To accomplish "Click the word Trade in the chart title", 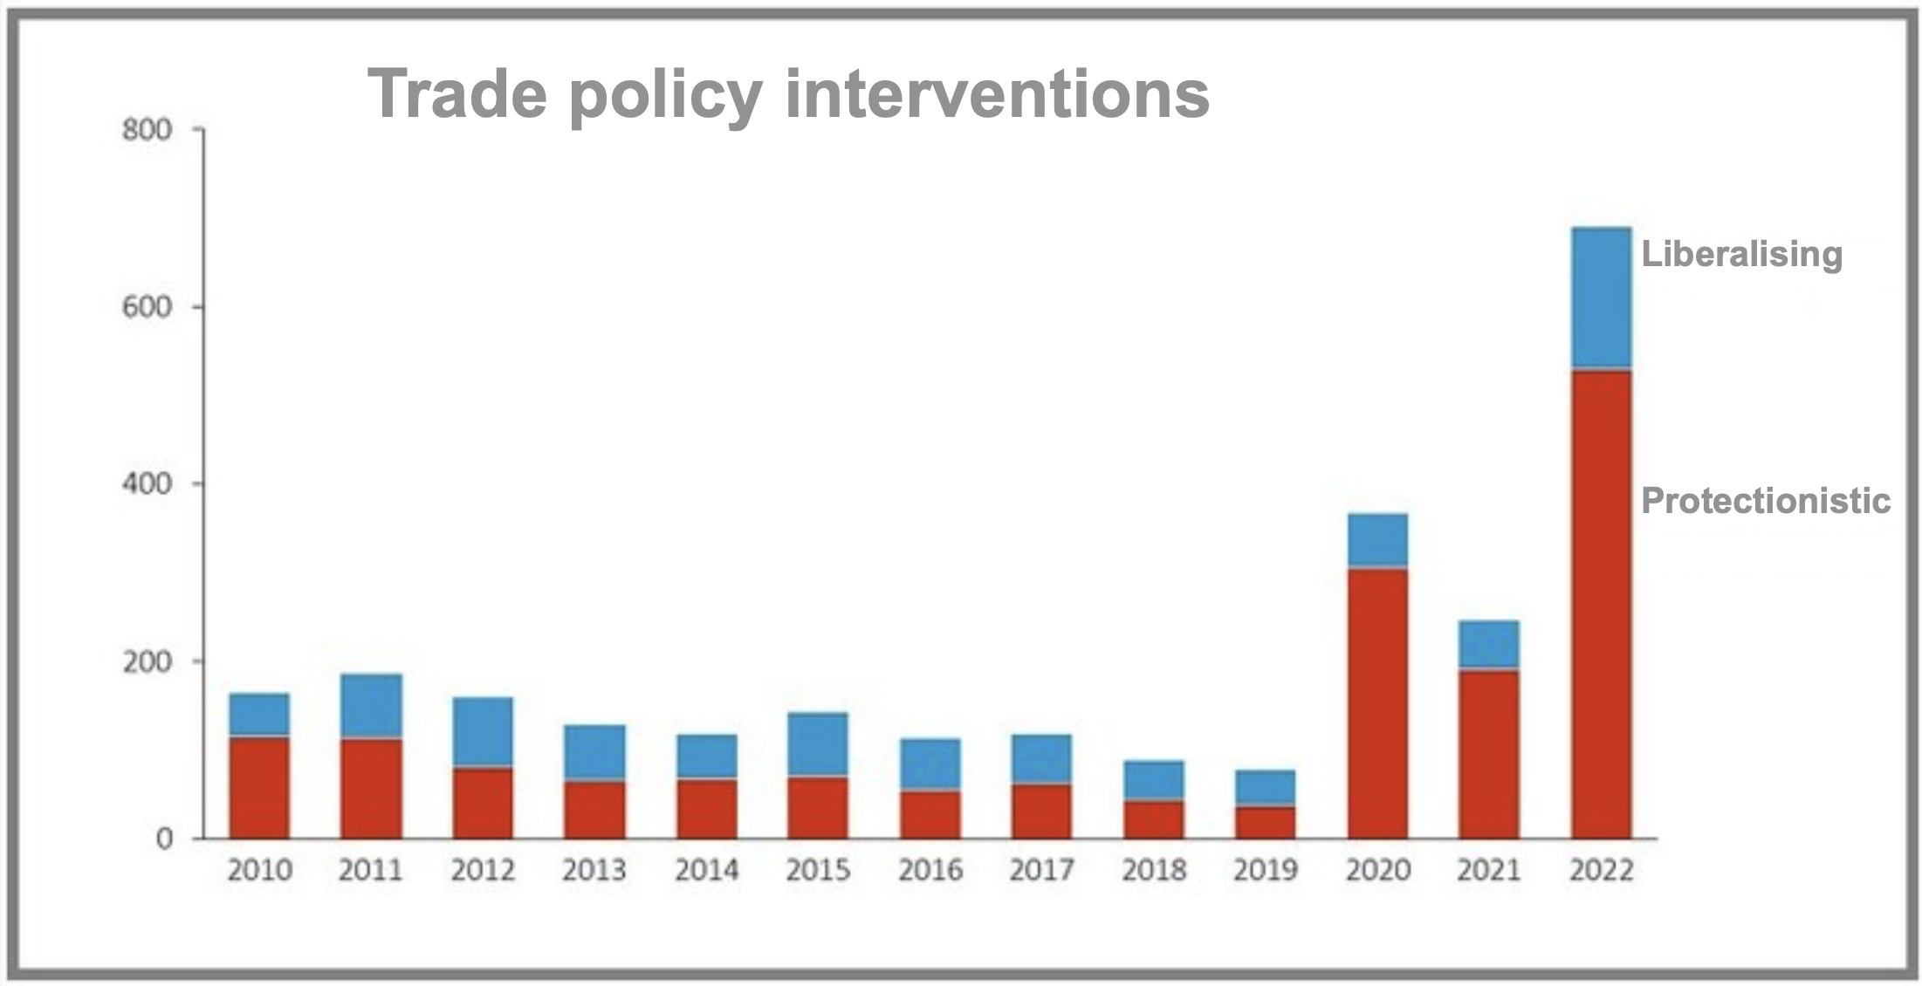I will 457,93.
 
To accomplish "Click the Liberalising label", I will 1741,254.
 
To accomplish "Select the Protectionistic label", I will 1765,501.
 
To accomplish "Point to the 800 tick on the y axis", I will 147,131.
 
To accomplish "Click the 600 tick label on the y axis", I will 147,307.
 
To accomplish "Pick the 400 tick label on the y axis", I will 147,484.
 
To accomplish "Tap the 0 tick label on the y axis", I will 164,839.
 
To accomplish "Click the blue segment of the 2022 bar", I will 1601,297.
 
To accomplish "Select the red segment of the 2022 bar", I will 1601,602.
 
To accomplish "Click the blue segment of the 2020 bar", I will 1377,539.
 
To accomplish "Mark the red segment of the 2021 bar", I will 1489,754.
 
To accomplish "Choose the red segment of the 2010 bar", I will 259,787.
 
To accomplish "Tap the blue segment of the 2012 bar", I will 483,731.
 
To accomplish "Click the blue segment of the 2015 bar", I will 818,743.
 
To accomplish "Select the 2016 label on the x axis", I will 930,870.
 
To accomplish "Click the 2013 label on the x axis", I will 594,870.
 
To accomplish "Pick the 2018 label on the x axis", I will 1154,870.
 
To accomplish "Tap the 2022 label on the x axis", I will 1601,870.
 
